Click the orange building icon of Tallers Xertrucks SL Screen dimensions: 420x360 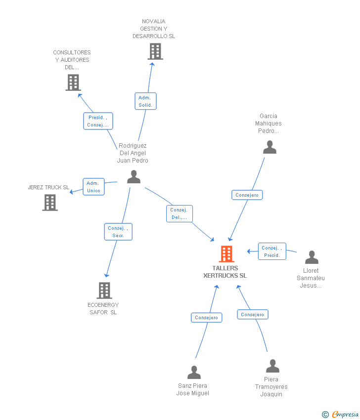226,254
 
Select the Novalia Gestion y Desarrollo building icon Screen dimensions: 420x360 155,51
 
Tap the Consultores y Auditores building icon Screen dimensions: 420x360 73,83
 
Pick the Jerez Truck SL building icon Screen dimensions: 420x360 49,203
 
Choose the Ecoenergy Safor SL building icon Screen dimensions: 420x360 104,291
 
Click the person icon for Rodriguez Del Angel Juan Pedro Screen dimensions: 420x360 134,177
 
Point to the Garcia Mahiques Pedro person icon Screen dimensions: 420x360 270,147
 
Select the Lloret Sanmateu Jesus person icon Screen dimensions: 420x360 312,257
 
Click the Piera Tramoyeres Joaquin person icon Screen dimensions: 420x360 272,366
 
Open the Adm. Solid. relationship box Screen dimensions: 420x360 145,101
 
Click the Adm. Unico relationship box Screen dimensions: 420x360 93,187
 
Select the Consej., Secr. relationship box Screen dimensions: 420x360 118,232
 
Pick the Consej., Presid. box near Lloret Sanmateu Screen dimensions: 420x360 272,252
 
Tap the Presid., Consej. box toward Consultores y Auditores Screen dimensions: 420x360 98,121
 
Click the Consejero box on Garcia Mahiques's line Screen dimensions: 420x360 247,195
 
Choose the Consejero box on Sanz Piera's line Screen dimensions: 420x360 206,318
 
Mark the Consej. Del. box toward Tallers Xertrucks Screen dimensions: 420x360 179,213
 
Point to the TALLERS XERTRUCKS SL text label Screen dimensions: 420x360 225,272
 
